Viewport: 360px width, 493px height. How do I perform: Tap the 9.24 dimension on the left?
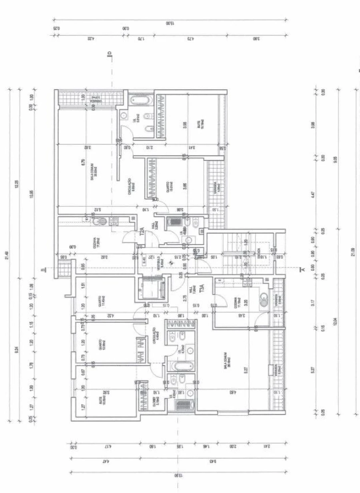click(x=16, y=350)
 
